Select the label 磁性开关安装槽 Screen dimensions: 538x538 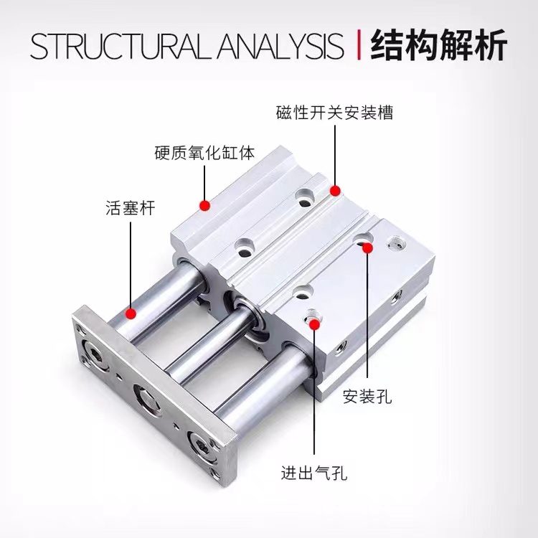[334, 113]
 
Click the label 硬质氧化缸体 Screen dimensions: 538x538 [204, 153]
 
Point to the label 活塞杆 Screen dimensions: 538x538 [130, 209]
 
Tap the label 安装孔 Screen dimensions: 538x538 [367, 396]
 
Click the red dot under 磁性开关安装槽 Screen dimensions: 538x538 [334, 189]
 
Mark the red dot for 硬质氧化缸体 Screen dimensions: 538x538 [204, 206]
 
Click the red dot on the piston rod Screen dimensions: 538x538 [131, 313]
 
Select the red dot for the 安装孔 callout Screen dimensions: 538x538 [367, 247]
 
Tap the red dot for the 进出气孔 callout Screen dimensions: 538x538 [314, 324]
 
